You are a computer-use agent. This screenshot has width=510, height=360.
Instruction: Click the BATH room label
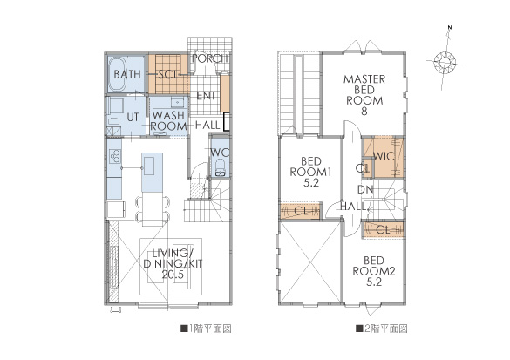(127, 74)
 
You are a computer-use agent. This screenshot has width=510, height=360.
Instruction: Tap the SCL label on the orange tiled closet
(168, 75)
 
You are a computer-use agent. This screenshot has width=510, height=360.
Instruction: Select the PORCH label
(210, 58)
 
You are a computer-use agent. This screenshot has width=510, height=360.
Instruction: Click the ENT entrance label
(206, 96)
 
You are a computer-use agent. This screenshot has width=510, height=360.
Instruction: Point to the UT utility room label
(133, 117)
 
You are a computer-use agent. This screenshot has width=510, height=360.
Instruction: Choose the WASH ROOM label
(168, 120)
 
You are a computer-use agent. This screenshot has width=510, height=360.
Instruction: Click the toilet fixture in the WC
(221, 167)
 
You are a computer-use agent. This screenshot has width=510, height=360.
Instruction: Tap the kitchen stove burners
(114, 155)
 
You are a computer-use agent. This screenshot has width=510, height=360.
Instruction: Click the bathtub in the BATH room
(116, 74)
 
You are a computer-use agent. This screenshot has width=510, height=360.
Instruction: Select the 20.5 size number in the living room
(173, 275)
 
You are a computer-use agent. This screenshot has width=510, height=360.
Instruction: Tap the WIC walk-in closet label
(384, 156)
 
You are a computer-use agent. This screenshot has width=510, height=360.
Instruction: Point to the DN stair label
(365, 189)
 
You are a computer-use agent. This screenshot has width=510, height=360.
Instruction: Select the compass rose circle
(445, 62)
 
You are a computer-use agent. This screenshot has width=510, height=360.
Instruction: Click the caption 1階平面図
(207, 329)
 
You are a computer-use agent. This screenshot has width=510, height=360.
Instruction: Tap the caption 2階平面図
(382, 329)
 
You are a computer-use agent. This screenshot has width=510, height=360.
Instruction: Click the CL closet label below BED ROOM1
(301, 211)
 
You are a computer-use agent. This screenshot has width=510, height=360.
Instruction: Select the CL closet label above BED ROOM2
(383, 230)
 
